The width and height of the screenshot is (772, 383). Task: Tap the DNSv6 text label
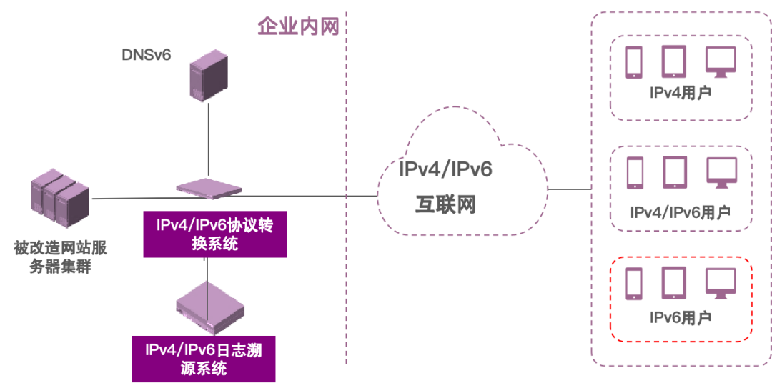147,55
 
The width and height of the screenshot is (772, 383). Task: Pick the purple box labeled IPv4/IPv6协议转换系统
215,234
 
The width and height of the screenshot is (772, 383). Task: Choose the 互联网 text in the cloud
445,204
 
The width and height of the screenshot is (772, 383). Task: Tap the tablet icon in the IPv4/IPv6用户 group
674,172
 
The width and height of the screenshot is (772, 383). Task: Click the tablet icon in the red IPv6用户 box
673,283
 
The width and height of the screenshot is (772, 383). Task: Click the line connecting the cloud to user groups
570,189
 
